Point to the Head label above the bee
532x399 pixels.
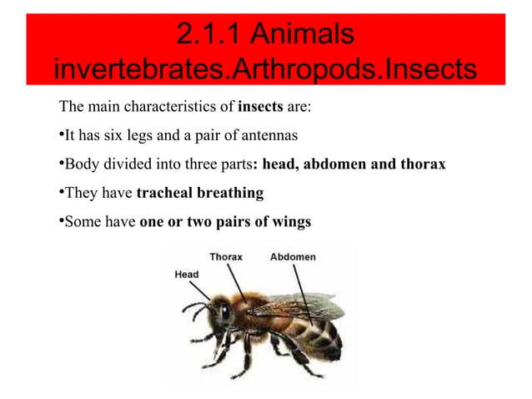coord(186,275)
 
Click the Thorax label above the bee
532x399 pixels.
coord(225,257)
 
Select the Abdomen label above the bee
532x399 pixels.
coord(293,257)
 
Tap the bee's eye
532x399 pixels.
coord(224,313)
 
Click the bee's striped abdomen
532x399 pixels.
coord(317,333)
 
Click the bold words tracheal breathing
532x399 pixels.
coord(199,194)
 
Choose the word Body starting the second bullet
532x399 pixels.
coord(80,164)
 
